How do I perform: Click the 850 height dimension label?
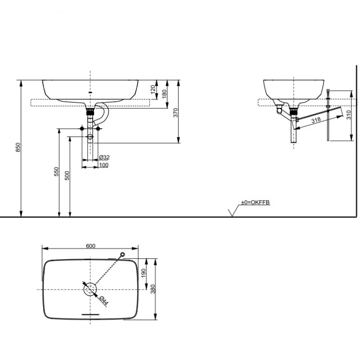pyautogui.click(x=18, y=147)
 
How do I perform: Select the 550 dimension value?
pyautogui.click(x=56, y=171)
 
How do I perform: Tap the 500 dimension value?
pyautogui.click(x=67, y=176)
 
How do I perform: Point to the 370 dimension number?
pyautogui.click(x=176, y=113)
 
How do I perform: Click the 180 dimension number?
pyautogui.click(x=164, y=94)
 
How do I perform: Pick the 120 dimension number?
pyautogui.click(x=153, y=90)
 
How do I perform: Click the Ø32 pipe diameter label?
pyautogui.click(x=104, y=157)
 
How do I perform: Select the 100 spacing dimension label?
pyautogui.click(x=104, y=165)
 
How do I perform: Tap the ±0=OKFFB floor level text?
pyautogui.click(x=255, y=203)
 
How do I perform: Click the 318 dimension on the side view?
pyautogui.click(x=316, y=120)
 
